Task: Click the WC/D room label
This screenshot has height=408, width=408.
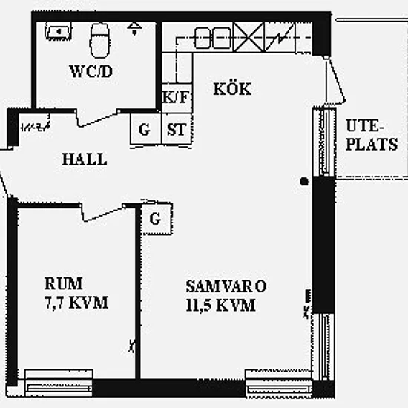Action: tap(91, 71)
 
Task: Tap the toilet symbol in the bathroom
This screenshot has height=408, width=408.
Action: tap(99, 40)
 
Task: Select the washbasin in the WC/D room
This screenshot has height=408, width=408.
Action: tap(59, 31)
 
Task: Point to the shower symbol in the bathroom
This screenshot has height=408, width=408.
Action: tap(134, 29)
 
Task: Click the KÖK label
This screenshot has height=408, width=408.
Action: tap(232, 89)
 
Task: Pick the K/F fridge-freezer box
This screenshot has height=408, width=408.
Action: tap(177, 98)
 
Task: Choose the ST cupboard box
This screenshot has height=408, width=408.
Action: tap(177, 129)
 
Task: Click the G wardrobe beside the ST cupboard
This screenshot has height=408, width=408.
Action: tap(145, 129)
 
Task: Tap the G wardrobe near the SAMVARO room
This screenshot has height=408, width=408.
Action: tap(157, 219)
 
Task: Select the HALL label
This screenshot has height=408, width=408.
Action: tap(85, 159)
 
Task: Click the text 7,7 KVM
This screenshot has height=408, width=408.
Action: tap(76, 303)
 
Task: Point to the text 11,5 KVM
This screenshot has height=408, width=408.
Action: tap(220, 305)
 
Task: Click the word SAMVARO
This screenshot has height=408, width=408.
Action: tap(226, 286)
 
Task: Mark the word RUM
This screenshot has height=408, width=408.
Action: tap(64, 283)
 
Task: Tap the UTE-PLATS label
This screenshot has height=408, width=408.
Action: tap(372, 135)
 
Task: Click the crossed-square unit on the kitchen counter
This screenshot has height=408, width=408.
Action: tap(249, 37)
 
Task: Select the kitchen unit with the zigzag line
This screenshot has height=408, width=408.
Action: tap(280, 37)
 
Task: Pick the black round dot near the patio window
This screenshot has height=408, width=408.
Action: tap(304, 181)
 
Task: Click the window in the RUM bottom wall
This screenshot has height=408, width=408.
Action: tap(59, 383)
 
